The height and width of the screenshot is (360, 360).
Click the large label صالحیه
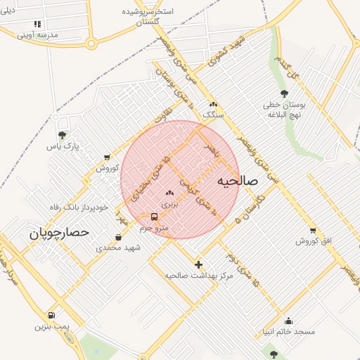(x=238, y=181)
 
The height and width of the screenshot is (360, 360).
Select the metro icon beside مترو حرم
(x=154, y=217)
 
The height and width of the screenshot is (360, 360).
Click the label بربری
(x=170, y=204)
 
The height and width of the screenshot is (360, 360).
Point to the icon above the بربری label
(x=169, y=193)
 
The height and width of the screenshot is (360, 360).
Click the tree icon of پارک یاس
(x=62, y=135)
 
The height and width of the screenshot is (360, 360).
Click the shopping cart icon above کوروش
(x=106, y=157)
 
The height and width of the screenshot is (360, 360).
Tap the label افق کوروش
(x=312, y=241)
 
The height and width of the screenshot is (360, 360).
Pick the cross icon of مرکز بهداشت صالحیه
(x=199, y=265)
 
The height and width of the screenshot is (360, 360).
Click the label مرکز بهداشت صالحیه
(x=198, y=276)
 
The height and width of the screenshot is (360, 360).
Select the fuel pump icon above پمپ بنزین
(x=51, y=315)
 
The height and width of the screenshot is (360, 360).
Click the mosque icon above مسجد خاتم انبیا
(x=288, y=321)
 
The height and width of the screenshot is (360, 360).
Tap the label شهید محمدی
(x=118, y=248)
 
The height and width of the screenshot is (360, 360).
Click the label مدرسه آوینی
(x=37, y=34)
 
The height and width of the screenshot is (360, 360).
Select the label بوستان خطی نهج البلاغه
(x=283, y=109)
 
